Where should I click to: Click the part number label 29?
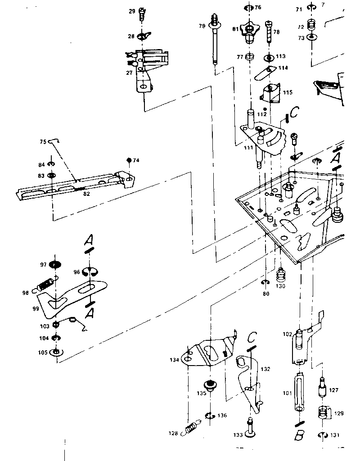[132, 11]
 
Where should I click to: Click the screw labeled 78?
[269, 31]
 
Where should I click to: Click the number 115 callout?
[288, 92]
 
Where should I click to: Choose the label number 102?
[287, 334]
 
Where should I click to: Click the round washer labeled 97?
[55, 265]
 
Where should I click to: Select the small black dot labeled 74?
[129, 160]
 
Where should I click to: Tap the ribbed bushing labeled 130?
[281, 275]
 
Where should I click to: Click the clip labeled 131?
[322, 435]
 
